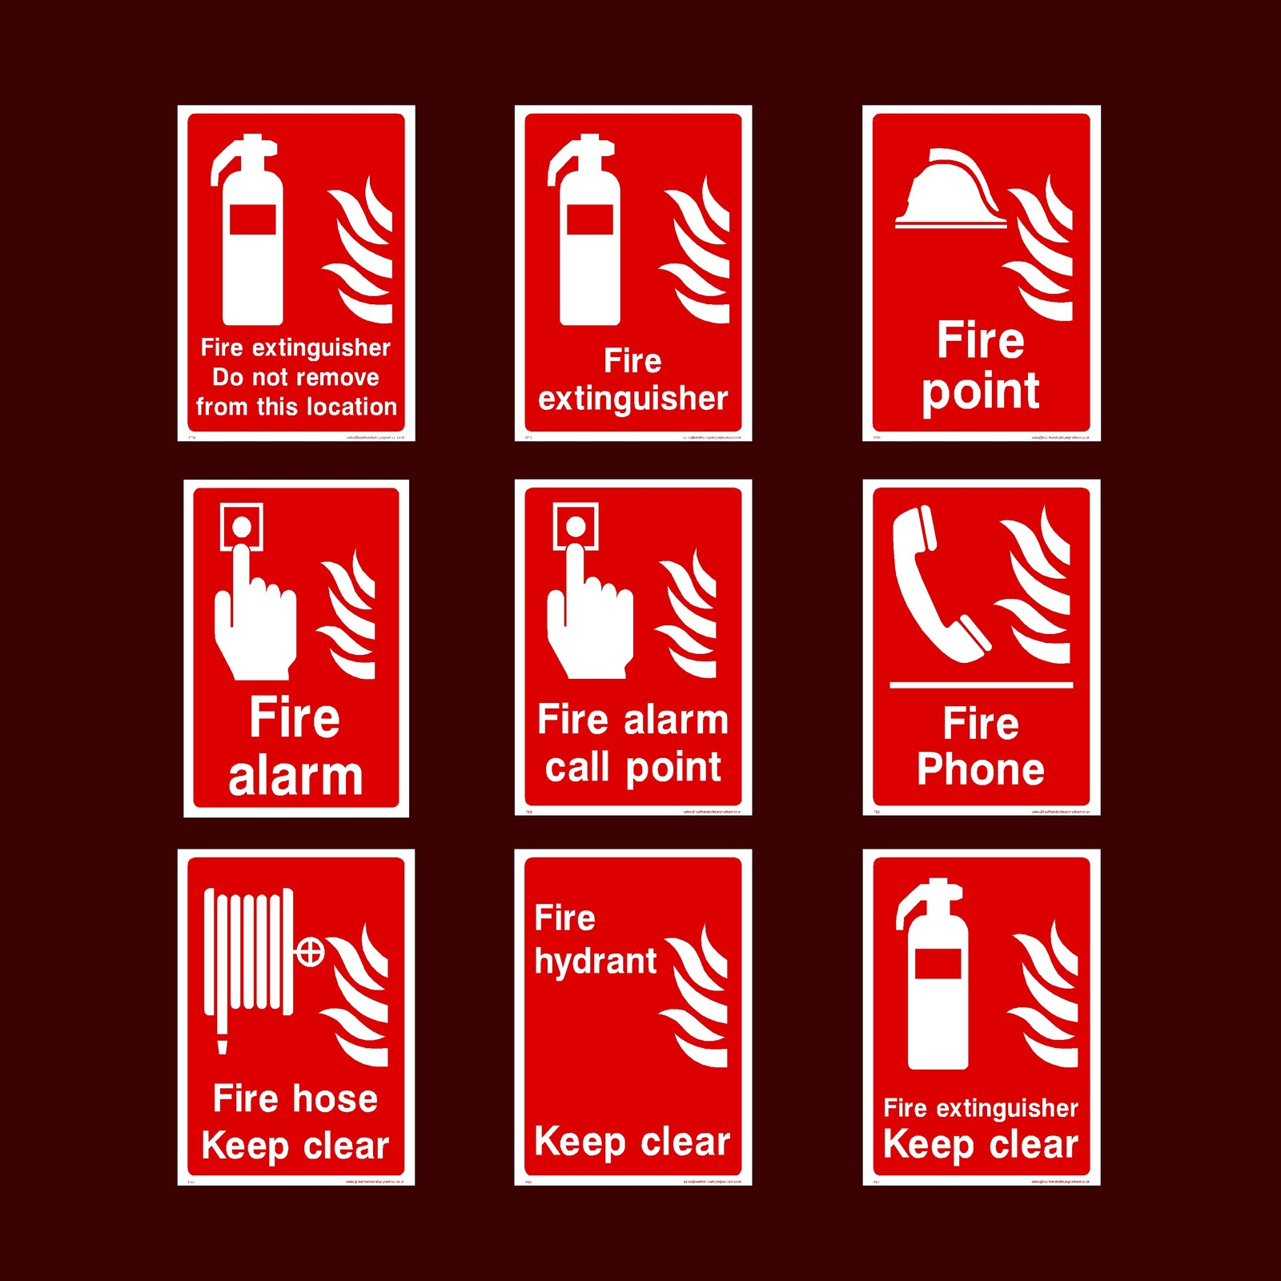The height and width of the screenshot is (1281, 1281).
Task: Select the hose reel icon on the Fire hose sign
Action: (x=248, y=953)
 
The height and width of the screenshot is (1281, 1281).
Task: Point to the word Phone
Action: (x=981, y=769)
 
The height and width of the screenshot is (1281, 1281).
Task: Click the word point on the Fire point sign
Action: (x=981, y=392)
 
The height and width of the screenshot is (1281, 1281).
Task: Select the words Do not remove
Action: (x=295, y=377)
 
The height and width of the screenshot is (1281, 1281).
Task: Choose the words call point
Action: (x=633, y=767)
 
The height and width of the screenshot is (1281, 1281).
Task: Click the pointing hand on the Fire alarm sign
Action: (x=255, y=620)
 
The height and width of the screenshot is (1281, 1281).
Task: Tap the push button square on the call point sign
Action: (x=576, y=527)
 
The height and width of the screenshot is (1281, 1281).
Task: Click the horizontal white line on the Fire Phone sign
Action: (x=981, y=685)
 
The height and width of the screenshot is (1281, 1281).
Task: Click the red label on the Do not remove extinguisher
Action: (x=253, y=219)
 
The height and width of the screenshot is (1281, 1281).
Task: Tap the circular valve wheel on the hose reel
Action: (x=310, y=953)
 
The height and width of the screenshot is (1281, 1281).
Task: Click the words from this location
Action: (x=295, y=407)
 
